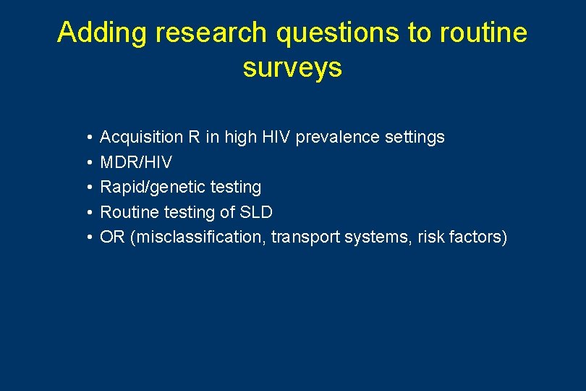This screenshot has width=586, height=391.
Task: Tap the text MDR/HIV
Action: (136, 162)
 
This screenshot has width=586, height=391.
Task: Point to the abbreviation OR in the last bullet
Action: (112, 237)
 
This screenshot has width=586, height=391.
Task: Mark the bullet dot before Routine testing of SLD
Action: (86, 213)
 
